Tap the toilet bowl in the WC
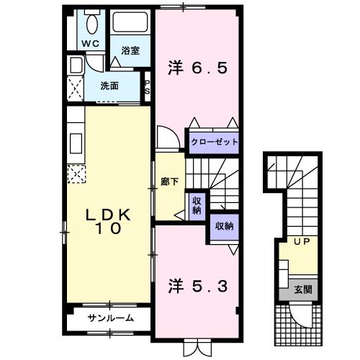point(91,24)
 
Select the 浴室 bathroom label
point(130,50)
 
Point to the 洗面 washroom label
point(109,86)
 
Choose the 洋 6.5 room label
point(198,68)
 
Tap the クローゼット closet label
point(214,142)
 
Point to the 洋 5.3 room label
point(198,286)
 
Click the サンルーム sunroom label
point(110,318)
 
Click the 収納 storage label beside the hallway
point(196,206)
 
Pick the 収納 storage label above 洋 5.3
point(223,226)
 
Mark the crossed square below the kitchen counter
point(76,173)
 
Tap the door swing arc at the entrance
point(299,315)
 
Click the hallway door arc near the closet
point(166,137)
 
